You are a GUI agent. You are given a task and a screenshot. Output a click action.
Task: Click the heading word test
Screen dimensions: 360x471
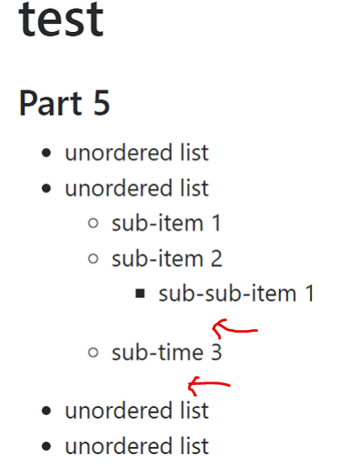(x=61, y=20)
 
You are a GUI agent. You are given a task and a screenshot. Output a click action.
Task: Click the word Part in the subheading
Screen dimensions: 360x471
(x=51, y=103)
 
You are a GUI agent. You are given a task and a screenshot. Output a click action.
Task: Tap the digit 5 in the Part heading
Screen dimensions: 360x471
(x=101, y=103)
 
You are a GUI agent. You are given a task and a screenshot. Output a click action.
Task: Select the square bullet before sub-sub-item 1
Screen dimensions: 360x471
(x=140, y=294)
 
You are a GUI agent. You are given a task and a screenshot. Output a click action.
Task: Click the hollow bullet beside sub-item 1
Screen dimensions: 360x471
(x=93, y=224)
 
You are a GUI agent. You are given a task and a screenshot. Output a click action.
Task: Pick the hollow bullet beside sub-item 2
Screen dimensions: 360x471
(x=93, y=258)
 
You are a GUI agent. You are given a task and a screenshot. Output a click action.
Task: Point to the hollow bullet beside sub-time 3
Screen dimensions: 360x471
(x=93, y=352)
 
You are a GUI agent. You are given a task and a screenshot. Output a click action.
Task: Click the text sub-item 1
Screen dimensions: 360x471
(x=167, y=224)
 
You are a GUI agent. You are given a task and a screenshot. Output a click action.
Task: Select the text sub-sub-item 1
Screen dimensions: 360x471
(x=236, y=294)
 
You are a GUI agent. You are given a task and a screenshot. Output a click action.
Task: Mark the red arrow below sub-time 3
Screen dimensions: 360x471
(x=209, y=384)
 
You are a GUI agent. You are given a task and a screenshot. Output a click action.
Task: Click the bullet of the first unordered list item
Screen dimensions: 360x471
(x=46, y=153)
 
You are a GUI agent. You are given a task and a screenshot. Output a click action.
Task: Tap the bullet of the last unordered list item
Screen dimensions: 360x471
(x=46, y=446)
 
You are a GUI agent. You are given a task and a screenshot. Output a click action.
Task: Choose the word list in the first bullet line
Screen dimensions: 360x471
(x=194, y=153)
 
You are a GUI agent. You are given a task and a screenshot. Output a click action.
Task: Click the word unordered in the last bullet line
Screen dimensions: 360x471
(x=119, y=446)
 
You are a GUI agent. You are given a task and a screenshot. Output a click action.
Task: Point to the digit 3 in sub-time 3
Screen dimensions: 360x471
(x=216, y=352)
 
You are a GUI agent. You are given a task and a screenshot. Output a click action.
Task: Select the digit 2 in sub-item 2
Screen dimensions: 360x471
(x=216, y=258)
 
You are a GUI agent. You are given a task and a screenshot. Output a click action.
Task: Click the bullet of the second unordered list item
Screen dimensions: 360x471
(x=46, y=189)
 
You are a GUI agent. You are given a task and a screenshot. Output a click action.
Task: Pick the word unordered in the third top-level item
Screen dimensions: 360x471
(x=119, y=411)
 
